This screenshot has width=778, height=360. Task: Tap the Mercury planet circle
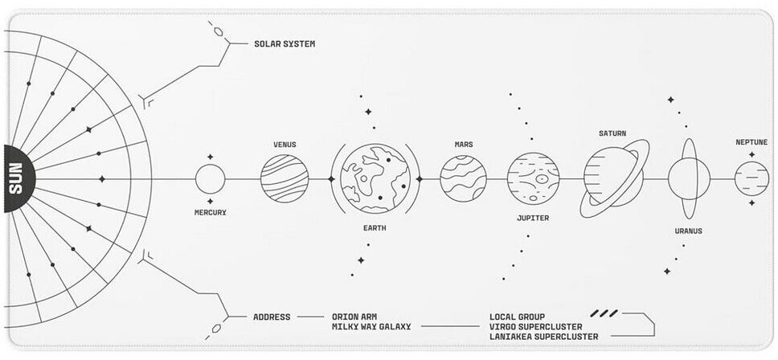211,179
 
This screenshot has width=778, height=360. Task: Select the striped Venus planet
285,179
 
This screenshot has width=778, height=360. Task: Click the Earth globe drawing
375,179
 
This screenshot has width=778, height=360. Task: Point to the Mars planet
464,179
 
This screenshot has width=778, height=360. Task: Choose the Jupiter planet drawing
534,178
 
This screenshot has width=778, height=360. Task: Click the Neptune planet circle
751,178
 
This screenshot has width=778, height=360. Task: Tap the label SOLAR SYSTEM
285,43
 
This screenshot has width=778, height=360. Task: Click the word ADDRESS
272,317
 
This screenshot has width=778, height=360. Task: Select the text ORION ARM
354,317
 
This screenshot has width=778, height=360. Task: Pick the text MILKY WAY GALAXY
371,327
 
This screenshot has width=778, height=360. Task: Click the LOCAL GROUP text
517,317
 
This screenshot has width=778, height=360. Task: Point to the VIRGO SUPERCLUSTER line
536,327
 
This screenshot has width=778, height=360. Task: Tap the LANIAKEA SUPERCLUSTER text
544,337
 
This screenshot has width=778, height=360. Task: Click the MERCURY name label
211,212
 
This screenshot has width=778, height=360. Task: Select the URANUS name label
688,231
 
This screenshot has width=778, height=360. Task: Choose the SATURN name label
612,133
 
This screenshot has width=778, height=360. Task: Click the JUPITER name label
533,218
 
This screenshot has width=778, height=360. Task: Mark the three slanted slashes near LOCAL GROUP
604,313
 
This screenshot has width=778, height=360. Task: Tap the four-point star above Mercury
210,157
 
